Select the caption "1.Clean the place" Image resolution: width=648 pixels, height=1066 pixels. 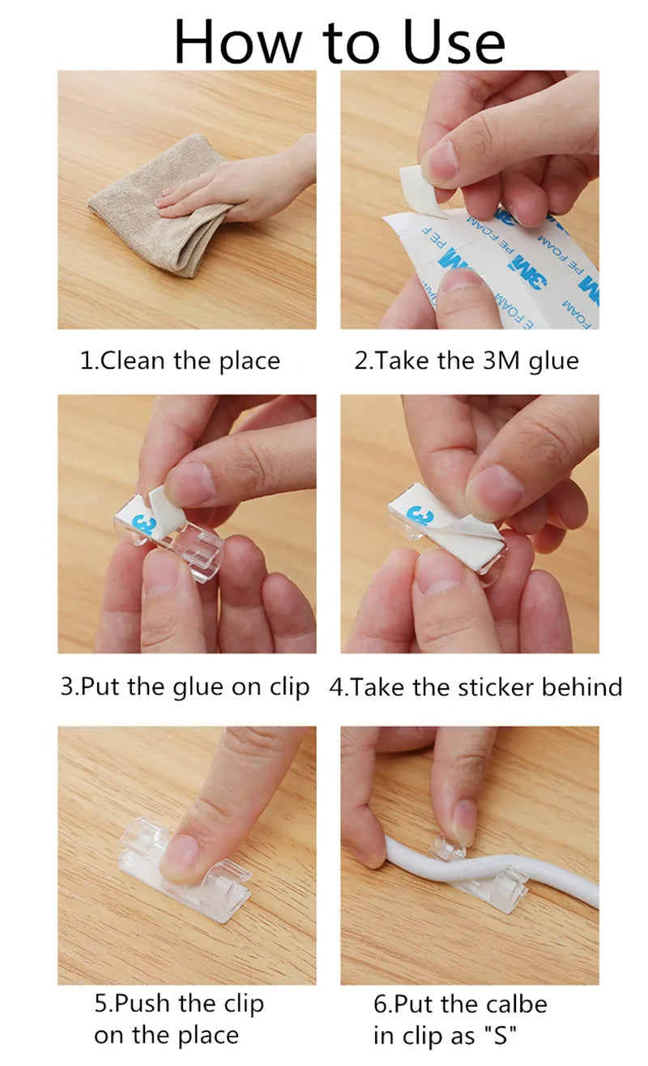pos(179,361)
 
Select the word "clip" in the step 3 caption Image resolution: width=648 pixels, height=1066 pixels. pos(289,687)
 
